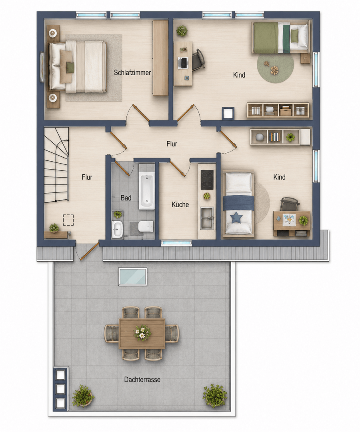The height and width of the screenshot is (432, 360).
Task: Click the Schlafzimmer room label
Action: click(x=132, y=73)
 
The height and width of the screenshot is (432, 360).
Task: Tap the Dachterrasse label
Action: click(x=142, y=379)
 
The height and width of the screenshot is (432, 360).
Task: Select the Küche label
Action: click(x=180, y=204)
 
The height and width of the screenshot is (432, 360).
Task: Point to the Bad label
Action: click(x=126, y=198)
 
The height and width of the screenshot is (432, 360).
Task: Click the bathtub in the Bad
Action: click(x=146, y=191)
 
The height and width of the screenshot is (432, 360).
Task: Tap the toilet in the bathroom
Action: click(x=146, y=226)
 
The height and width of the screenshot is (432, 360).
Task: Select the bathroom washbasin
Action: click(x=117, y=230)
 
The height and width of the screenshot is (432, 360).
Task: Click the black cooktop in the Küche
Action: click(x=207, y=180)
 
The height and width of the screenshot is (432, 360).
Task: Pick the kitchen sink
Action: click(x=207, y=218)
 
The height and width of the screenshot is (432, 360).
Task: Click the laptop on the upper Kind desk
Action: click(x=183, y=63)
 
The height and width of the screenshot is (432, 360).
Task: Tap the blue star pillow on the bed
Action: click(x=236, y=218)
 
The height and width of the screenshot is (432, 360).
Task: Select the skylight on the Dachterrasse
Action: click(x=133, y=276)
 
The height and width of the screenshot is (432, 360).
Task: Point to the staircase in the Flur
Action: click(x=56, y=165)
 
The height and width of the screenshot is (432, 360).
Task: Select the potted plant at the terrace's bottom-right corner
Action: click(x=215, y=396)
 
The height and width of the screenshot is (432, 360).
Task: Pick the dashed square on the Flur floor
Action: click(x=68, y=220)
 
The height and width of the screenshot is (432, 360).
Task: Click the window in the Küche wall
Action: click(x=176, y=243)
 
